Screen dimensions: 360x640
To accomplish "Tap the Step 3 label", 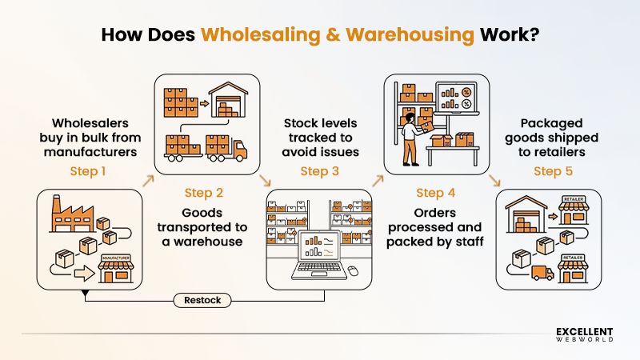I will (320, 170).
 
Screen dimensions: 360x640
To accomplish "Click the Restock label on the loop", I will (204, 301).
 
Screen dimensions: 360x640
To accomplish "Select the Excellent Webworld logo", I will (584, 334).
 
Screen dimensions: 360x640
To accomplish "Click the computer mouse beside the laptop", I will (352, 270).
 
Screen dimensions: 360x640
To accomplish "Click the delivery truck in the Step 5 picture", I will (542, 273).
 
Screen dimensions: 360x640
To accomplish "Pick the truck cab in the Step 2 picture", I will (241, 147).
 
